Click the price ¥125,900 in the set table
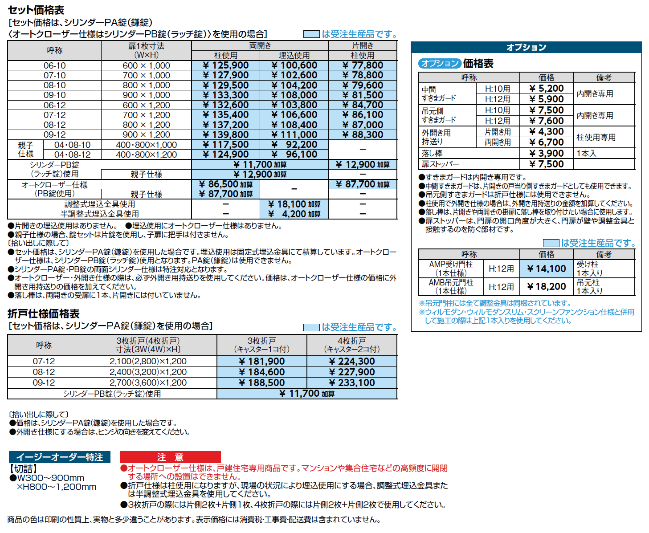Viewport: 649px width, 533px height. (226, 65)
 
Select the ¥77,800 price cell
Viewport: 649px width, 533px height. (363, 65)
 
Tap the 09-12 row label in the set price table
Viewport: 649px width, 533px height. (54, 134)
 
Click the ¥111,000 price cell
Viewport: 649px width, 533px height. (294, 134)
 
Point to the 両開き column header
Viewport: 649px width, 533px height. (260, 46)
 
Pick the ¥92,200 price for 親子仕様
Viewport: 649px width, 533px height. (294, 145)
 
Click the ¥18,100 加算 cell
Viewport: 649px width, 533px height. (294, 204)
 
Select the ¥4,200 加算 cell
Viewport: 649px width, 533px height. (294, 214)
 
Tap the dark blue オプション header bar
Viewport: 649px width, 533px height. (526, 47)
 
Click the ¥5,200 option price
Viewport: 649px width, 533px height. (547, 89)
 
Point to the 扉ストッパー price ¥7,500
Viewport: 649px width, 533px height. (547, 164)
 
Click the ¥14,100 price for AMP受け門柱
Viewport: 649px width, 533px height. (547, 269)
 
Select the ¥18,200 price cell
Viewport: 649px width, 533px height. (547, 287)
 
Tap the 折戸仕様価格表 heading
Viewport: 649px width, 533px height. (44, 313)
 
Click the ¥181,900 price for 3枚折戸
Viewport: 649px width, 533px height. (262, 361)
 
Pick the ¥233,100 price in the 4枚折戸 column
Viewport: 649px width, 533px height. (352, 382)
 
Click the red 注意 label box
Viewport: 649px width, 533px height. (170, 457)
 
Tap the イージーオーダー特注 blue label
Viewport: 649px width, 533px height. (60, 457)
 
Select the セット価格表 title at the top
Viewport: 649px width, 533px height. (36, 10)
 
